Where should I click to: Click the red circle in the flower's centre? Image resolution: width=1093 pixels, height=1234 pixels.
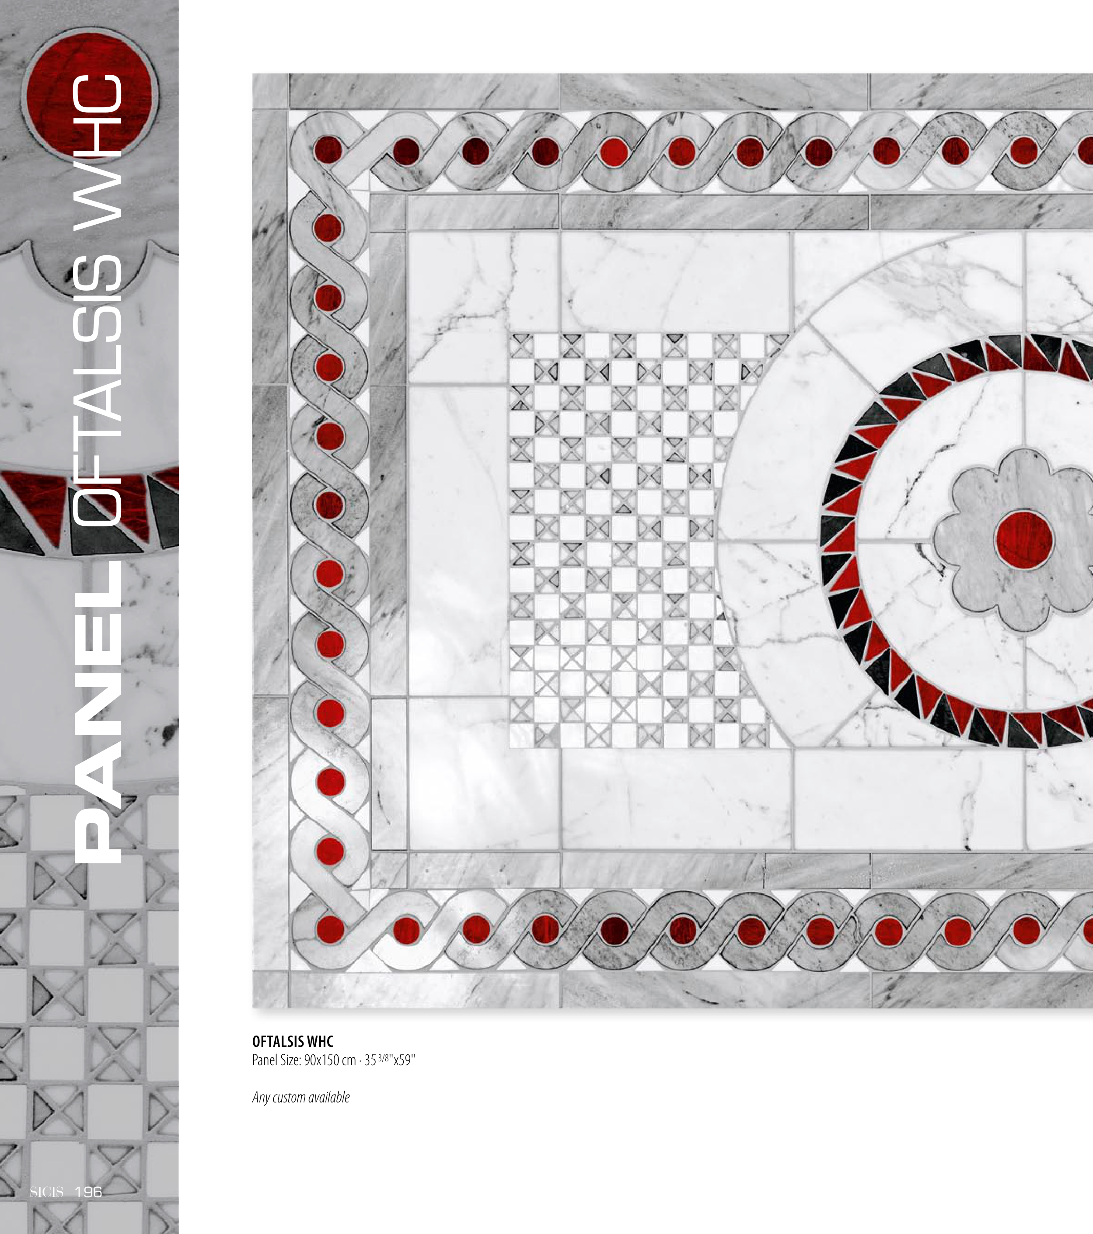tap(1024, 539)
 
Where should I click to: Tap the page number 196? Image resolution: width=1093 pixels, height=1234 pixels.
tap(88, 1192)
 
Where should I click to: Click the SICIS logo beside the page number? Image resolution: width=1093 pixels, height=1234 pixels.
tap(46, 1192)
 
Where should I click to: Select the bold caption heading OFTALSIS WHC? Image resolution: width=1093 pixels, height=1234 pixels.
tap(293, 1041)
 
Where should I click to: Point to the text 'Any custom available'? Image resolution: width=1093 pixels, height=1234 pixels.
tap(301, 1097)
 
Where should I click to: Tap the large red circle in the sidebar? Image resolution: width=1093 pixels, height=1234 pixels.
tap(90, 97)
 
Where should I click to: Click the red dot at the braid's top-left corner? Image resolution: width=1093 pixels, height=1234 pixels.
tap(328, 149)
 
